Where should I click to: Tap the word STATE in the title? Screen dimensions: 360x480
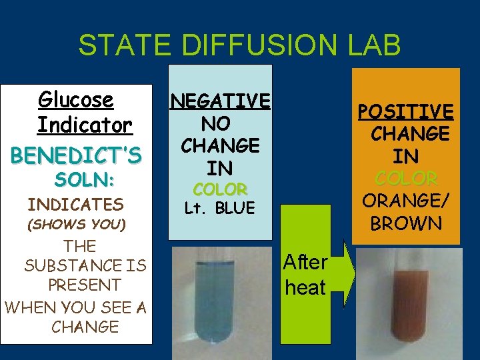click(x=117, y=45)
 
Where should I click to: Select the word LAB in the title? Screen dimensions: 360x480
click(x=369, y=45)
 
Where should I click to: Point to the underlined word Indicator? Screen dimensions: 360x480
click(x=85, y=125)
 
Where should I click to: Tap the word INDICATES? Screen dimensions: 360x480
click(x=75, y=204)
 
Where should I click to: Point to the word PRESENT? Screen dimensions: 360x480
click(x=84, y=285)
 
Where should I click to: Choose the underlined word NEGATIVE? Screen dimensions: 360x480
click(x=220, y=101)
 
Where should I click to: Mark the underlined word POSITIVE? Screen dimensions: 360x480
click(x=405, y=111)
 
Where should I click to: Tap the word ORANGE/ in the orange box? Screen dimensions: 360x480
click(x=406, y=201)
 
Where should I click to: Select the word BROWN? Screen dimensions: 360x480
click(x=406, y=223)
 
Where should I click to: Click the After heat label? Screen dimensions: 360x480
click(x=305, y=275)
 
